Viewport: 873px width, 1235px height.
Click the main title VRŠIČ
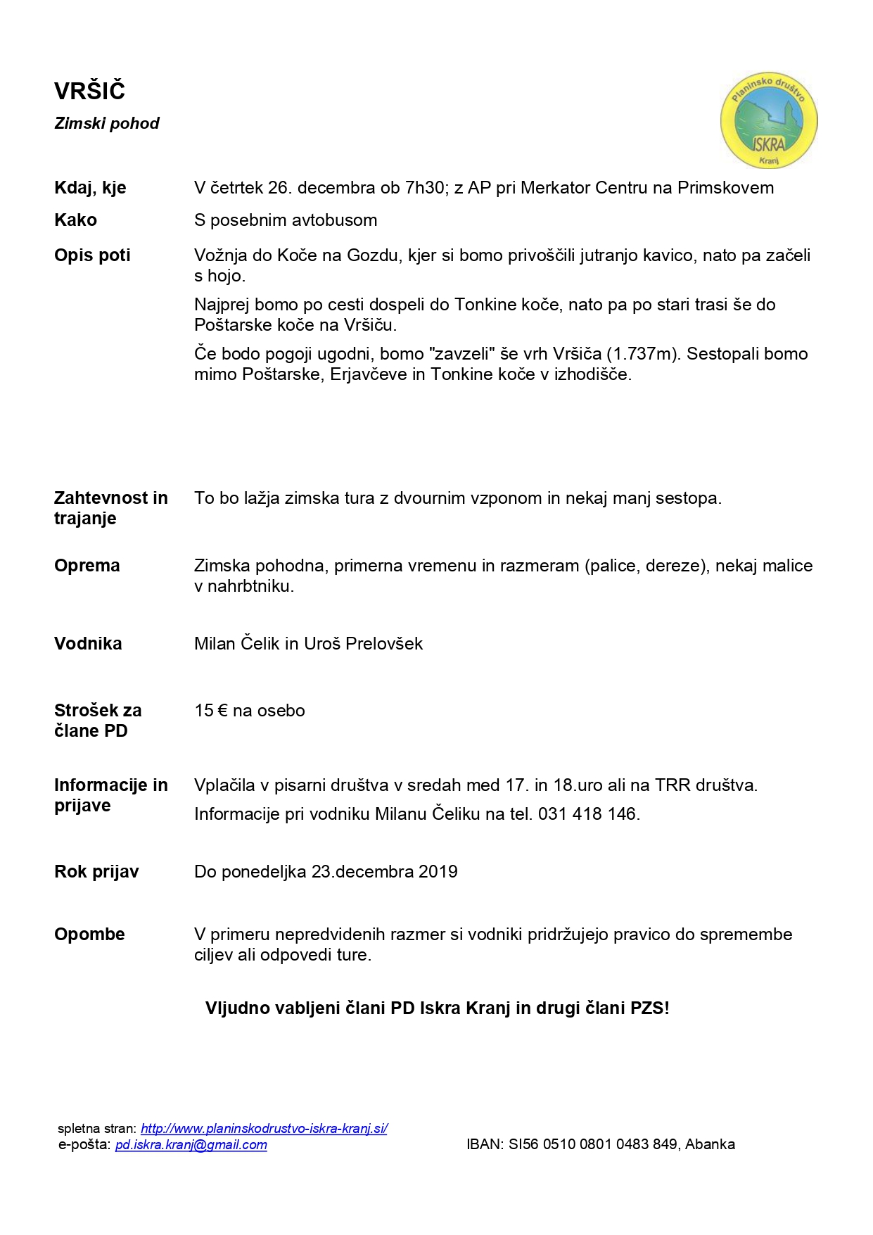click(89, 91)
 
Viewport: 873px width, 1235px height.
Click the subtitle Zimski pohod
click(107, 124)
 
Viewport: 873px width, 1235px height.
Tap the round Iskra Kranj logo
click(768, 122)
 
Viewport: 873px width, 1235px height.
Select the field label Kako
click(75, 220)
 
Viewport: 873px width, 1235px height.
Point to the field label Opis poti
click(92, 255)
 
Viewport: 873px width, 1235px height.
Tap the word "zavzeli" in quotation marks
click(461, 354)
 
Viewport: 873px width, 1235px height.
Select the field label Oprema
click(87, 566)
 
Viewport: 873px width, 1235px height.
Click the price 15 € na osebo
click(250, 711)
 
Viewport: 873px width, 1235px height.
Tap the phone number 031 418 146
click(587, 814)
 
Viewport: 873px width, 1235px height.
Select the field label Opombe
click(89, 935)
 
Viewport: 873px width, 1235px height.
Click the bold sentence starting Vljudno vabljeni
click(437, 1008)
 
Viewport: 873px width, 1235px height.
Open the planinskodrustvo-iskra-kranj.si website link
click(264, 1129)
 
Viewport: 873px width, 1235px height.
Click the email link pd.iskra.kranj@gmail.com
click(191, 1145)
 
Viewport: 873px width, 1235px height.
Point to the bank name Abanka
click(710, 1145)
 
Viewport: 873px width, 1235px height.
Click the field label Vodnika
click(88, 644)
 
